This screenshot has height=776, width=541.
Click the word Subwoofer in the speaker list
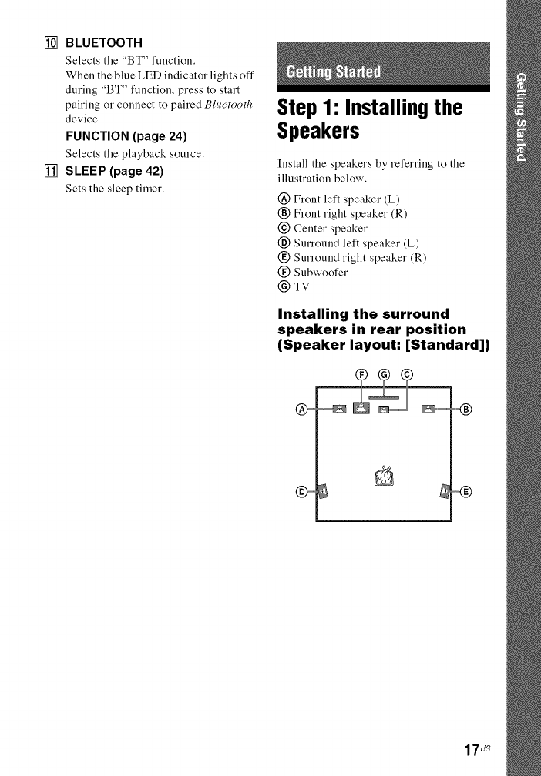tap(321, 272)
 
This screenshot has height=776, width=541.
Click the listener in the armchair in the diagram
tap(383, 478)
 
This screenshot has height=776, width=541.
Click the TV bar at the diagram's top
tap(382, 396)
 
